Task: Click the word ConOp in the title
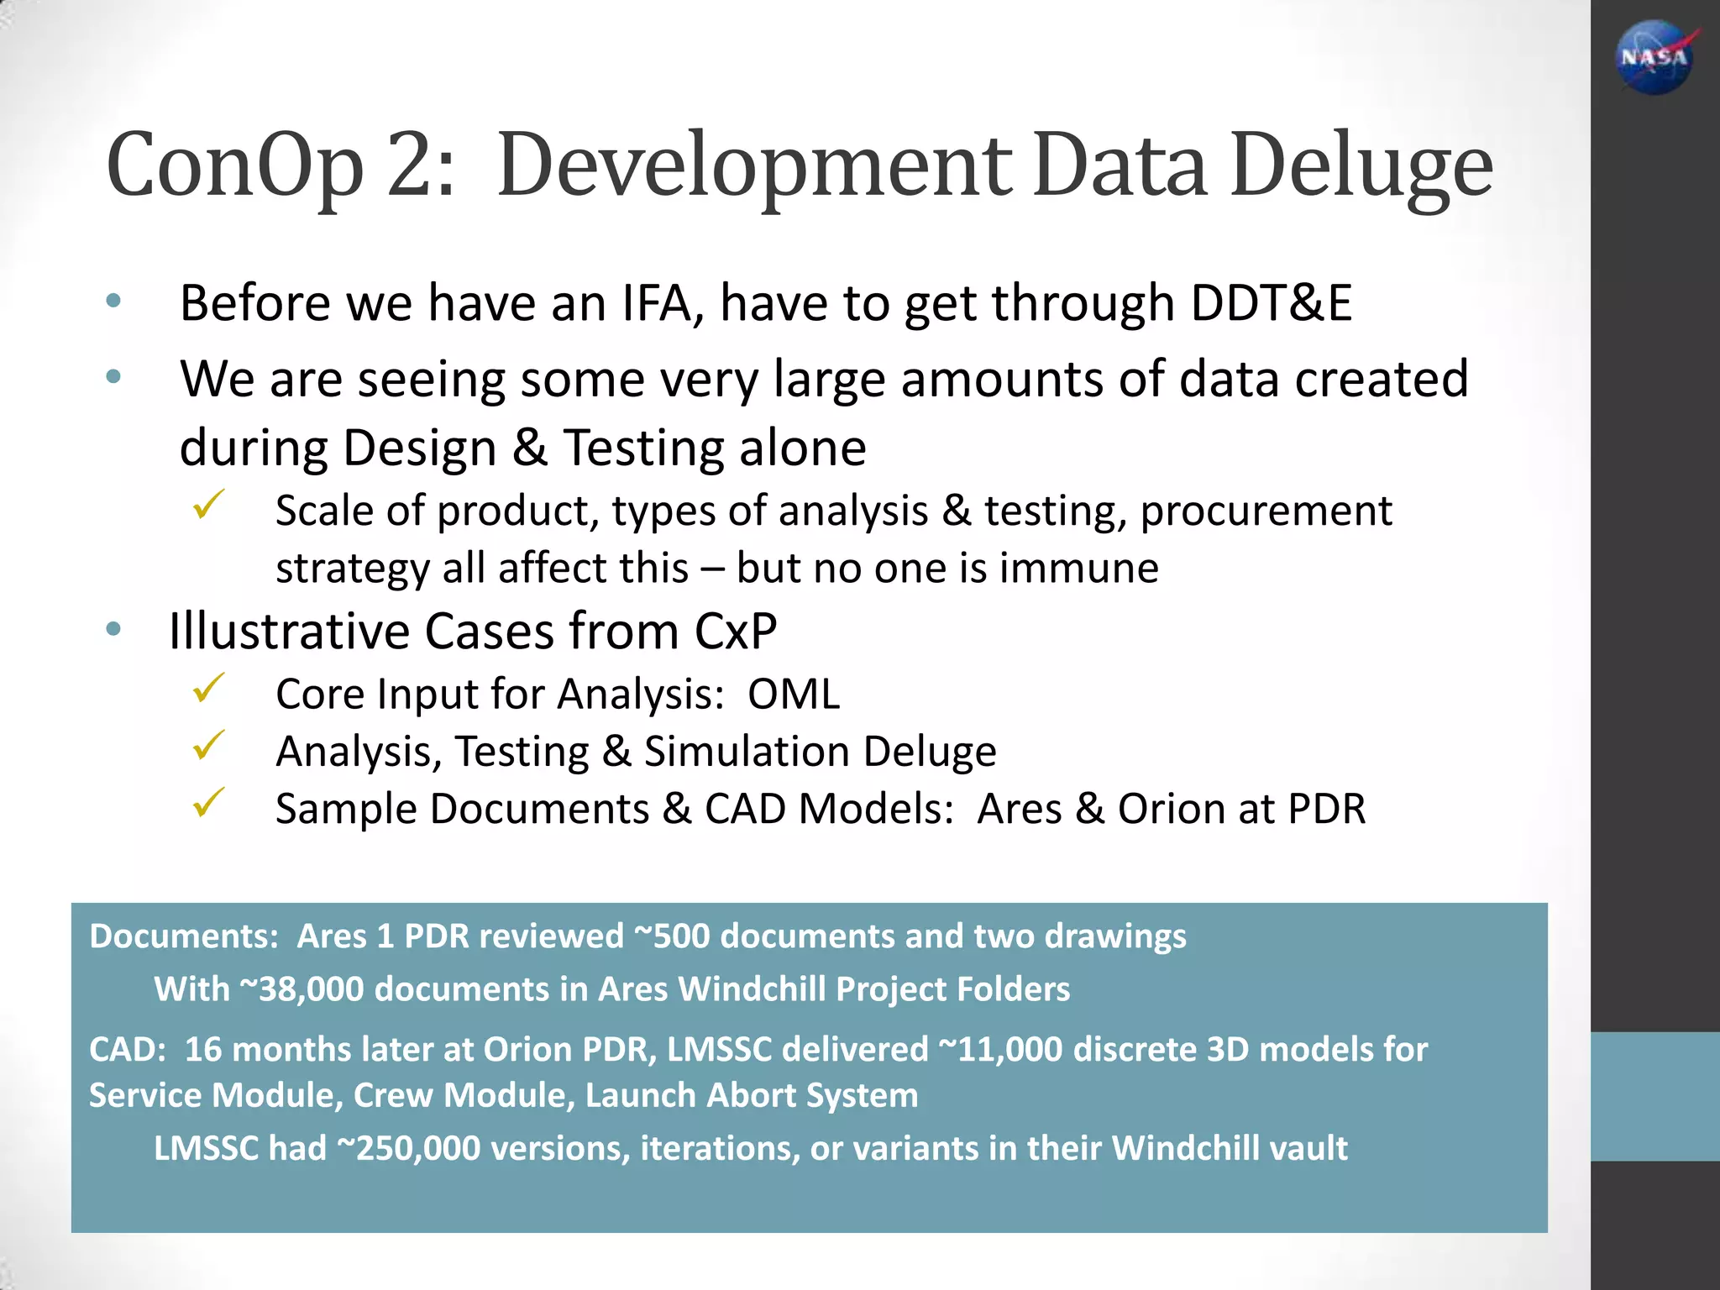pos(234,165)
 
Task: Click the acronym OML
pos(794,695)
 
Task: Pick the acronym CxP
pos(735,631)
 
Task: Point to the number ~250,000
pos(408,1147)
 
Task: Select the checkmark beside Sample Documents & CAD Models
pos(207,803)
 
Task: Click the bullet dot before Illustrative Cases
pos(114,629)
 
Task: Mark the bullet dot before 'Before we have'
pos(114,301)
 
